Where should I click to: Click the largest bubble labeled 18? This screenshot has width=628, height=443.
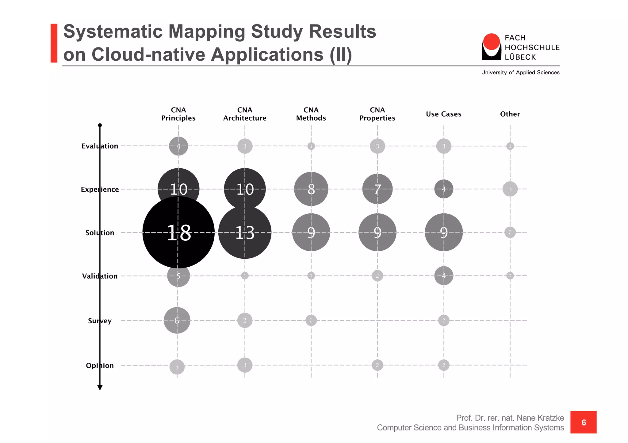point(178,232)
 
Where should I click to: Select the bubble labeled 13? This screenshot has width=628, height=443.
point(245,233)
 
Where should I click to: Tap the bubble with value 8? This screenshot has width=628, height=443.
point(311,189)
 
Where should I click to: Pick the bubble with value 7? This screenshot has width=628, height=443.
point(377,189)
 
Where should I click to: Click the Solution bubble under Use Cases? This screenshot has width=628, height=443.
point(443,232)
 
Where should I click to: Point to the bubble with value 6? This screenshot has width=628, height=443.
point(177,320)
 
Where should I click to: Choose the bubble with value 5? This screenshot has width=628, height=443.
point(178,276)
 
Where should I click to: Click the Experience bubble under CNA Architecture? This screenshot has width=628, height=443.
point(245,189)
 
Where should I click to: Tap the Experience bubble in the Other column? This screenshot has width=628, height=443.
point(510,189)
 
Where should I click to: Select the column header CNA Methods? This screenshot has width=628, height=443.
point(311,114)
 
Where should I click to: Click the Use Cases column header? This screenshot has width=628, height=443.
point(443,114)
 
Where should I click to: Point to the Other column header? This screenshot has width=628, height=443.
point(510,114)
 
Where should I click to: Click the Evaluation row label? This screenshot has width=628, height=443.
point(100,146)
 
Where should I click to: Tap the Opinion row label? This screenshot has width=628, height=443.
point(100,365)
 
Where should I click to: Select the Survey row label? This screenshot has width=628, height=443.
point(100,321)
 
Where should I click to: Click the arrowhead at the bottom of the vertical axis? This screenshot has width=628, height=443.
point(100,388)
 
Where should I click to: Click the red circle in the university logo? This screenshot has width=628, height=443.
point(491,42)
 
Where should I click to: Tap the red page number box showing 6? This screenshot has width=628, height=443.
point(583,422)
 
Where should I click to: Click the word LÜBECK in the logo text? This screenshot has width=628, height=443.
point(520,57)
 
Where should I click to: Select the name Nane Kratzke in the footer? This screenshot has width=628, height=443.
point(540,418)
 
